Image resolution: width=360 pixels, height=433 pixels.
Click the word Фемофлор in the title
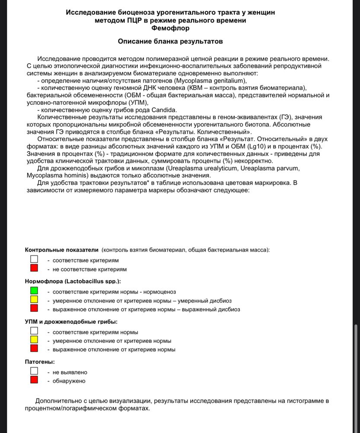point(170,29)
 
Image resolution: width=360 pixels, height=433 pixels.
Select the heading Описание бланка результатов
point(170,42)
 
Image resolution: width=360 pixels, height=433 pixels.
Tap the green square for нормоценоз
point(34,290)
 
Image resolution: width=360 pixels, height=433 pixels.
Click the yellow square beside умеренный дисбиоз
point(34,299)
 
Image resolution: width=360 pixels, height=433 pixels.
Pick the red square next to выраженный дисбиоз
point(34,309)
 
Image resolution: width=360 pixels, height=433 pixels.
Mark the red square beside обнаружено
point(34,380)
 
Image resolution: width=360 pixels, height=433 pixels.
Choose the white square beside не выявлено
point(34,371)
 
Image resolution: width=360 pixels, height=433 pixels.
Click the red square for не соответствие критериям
point(34,268)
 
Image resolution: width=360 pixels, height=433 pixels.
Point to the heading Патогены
point(40,361)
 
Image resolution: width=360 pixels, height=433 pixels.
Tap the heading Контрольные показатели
point(62,250)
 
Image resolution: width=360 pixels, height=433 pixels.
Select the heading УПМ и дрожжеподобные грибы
point(71,321)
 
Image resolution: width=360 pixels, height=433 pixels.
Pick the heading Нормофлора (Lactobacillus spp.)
point(73,281)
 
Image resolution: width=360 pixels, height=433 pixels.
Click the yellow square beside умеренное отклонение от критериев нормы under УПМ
point(34,340)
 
